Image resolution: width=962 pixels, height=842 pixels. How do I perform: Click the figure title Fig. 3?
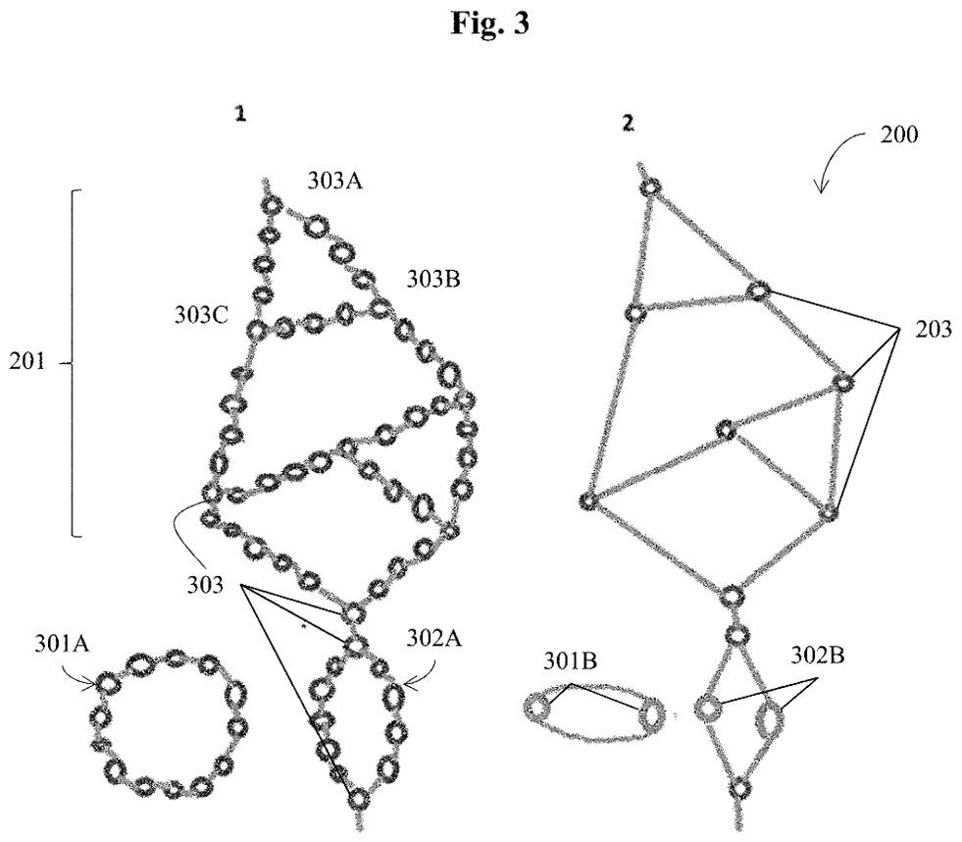489,24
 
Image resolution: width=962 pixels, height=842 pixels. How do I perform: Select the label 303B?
433,280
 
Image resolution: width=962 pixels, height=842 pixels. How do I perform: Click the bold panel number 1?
238,114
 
